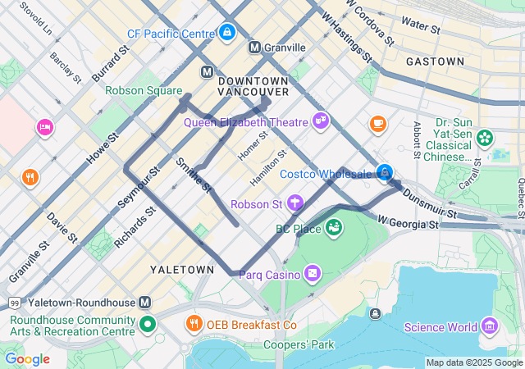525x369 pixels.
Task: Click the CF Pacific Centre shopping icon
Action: [x=227, y=33]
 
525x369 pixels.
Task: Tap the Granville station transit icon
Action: [x=255, y=48]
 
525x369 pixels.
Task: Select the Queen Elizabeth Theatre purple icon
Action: [x=320, y=122]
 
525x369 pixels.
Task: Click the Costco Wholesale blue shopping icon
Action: [x=384, y=172]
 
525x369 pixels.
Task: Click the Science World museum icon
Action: [x=490, y=326]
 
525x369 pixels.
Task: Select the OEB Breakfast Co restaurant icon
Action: [x=194, y=324]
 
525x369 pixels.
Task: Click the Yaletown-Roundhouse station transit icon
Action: [x=145, y=303]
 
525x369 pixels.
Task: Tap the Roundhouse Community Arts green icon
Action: [x=147, y=324]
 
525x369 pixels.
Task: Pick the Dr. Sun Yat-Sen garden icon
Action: [x=485, y=137]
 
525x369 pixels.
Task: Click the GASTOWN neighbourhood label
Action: [x=435, y=61]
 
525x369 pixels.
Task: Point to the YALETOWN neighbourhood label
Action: [x=181, y=269]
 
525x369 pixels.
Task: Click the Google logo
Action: [x=27, y=359]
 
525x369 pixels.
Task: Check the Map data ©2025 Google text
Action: [x=474, y=362]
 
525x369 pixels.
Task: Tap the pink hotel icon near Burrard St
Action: [x=44, y=127]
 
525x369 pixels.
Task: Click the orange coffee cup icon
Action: [x=377, y=124]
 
